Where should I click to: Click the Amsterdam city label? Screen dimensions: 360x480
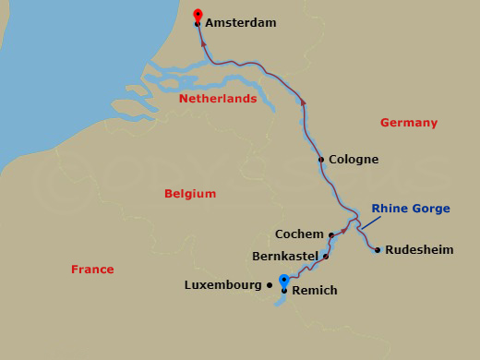click(x=241, y=23)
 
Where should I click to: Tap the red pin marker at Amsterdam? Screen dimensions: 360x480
click(x=198, y=15)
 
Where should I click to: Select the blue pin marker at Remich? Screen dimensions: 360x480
click(x=284, y=281)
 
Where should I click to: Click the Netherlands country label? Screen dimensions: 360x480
click(x=218, y=98)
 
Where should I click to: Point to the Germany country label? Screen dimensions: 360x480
click(x=408, y=123)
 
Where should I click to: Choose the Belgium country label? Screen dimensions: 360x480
click(x=190, y=194)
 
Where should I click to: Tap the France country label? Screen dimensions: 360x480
click(x=92, y=270)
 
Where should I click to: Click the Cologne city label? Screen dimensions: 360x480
click(x=354, y=160)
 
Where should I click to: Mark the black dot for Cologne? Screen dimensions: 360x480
click(x=321, y=160)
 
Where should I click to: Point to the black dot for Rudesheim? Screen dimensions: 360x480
click(x=378, y=249)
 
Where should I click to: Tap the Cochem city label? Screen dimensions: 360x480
click(x=299, y=234)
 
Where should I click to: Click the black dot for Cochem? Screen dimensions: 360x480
click(x=331, y=234)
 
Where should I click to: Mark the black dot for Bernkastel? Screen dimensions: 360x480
click(x=326, y=256)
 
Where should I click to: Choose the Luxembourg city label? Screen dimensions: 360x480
click(x=223, y=285)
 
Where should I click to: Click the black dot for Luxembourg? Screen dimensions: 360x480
click(x=270, y=285)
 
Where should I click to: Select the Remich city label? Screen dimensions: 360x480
click(x=315, y=291)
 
